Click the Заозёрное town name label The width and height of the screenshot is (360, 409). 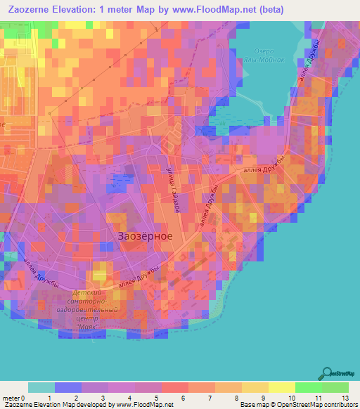click(x=141, y=237)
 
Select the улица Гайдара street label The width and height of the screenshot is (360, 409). click(x=172, y=188)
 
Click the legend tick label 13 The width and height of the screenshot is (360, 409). click(x=345, y=398)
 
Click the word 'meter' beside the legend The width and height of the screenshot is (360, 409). click(x=10, y=398)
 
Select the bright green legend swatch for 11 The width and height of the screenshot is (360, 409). click(x=308, y=387)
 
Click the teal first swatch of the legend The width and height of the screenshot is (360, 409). click(x=41, y=387)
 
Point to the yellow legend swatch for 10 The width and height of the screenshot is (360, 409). click(x=283, y=387)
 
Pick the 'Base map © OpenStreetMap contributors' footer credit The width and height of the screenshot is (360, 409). click(x=296, y=405)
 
